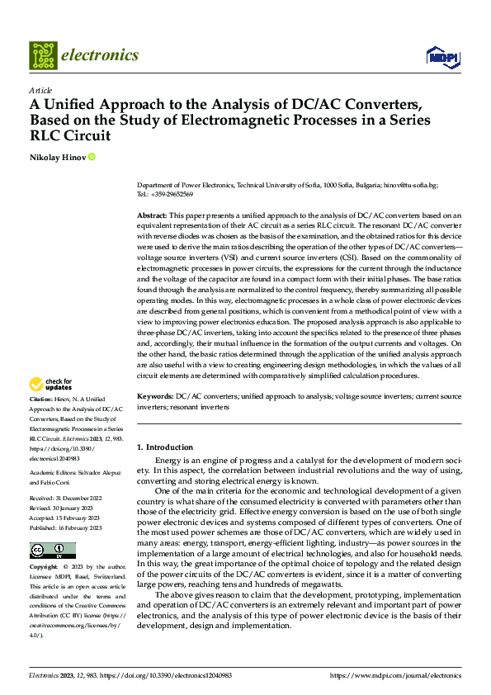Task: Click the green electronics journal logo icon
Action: (x=43, y=55)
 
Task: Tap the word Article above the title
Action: (x=40, y=90)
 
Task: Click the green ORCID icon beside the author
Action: (x=92, y=157)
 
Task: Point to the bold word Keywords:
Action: (x=156, y=397)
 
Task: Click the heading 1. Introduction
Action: (x=165, y=447)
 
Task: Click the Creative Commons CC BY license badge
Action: (x=52, y=551)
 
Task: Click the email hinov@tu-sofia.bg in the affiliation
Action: (x=417, y=187)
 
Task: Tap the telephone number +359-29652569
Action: (x=171, y=195)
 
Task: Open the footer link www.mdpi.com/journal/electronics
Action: (x=395, y=675)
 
